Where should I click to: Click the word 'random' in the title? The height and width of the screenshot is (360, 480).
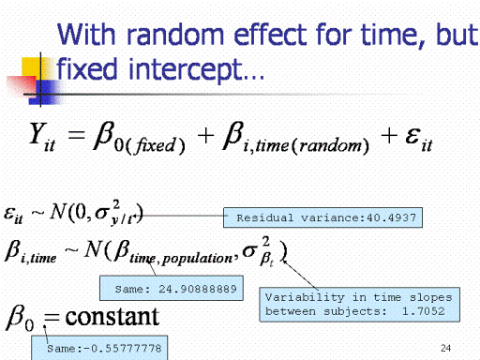[175, 35]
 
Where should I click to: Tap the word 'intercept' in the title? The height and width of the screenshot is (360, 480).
[186, 69]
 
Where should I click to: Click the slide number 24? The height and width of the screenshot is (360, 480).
[445, 348]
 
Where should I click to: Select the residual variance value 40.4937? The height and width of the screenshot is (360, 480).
[391, 217]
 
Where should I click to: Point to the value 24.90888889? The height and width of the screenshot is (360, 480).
[198, 289]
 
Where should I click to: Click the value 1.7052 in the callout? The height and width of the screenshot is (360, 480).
[423, 311]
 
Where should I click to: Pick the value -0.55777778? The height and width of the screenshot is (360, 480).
[123, 348]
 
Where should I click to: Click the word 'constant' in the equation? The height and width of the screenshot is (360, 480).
[112, 317]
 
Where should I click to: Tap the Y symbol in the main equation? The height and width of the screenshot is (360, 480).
[37, 133]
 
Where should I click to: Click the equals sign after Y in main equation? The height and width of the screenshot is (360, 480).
[76, 135]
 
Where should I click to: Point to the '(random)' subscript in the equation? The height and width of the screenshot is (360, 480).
[330, 145]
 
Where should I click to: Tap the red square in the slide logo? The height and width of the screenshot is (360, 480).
[22, 85]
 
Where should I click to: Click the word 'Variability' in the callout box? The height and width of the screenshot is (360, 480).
[305, 297]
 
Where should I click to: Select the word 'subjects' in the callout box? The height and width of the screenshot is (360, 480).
[352, 311]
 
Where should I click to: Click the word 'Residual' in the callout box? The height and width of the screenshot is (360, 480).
[265, 217]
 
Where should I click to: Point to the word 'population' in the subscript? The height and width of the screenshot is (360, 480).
[197, 259]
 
